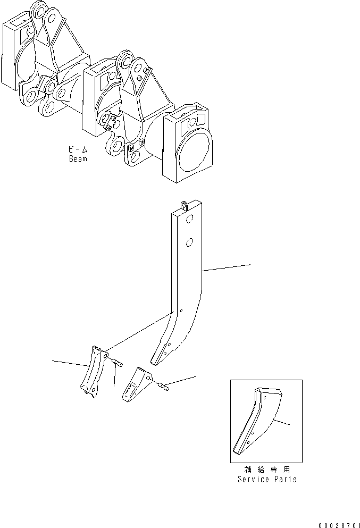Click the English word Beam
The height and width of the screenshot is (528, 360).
click(x=78, y=158)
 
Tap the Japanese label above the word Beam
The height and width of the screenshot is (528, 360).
click(x=78, y=150)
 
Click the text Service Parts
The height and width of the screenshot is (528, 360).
click(x=266, y=479)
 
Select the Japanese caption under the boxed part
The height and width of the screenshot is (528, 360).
click(x=266, y=470)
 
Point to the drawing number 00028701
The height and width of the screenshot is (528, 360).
click(x=339, y=523)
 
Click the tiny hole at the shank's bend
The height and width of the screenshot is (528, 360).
click(x=181, y=312)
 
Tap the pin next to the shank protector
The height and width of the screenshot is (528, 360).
click(x=118, y=363)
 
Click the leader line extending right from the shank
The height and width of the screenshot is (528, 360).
click(x=226, y=268)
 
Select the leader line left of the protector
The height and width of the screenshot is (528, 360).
click(x=70, y=364)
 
